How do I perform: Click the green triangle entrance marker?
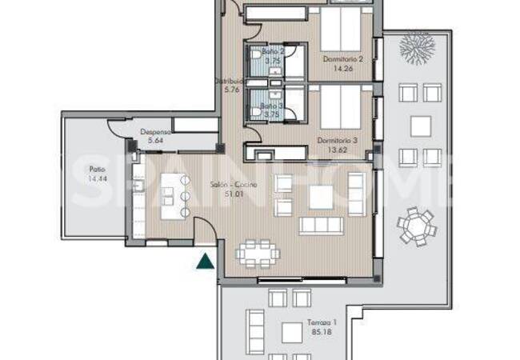206,259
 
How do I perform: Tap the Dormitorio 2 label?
344,58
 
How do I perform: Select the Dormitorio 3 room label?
338,140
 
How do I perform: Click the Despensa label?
154,133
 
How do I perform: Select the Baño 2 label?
273,51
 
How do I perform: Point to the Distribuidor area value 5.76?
232,90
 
